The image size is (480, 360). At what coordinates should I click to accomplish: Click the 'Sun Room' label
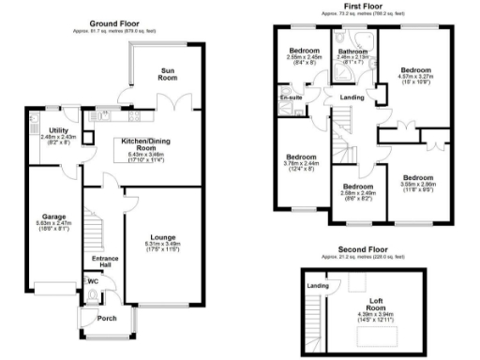170,73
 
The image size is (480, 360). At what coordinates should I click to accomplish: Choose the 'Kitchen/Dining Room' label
140,142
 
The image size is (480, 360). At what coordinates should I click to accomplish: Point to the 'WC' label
93,280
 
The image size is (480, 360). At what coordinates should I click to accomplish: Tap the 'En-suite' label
290,97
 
